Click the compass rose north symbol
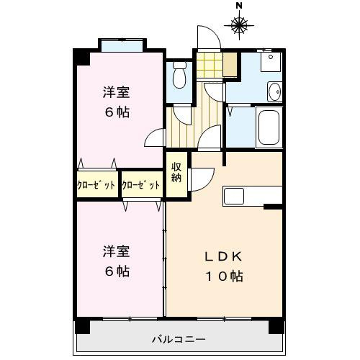pyautogui.click(x=239, y=27)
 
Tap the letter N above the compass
pyautogui.click(x=239, y=7)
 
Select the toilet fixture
pyautogui.click(x=180, y=74)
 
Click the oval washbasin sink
pyautogui.click(x=274, y=91)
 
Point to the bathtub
pyautogui.click(x=269, y=128)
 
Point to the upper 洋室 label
pyautogui.click(x=115, y=92)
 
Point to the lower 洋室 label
pyautogui.click(x=115, y=251)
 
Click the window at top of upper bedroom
pyautogui.click(x=120, y=47)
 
